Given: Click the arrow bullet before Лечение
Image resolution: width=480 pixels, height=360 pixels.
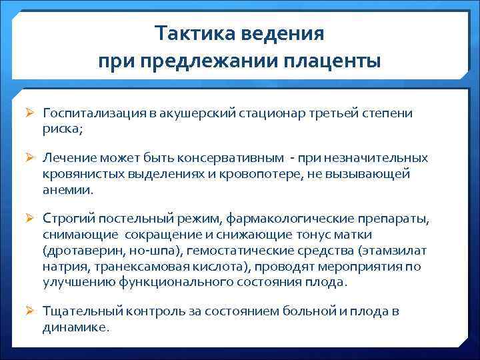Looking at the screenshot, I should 31,158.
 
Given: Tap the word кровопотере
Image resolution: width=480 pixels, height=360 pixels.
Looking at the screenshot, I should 266,173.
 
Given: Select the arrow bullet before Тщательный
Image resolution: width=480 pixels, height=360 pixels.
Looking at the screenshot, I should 31,312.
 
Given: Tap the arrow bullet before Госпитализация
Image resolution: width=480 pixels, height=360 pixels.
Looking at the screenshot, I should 31,113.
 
